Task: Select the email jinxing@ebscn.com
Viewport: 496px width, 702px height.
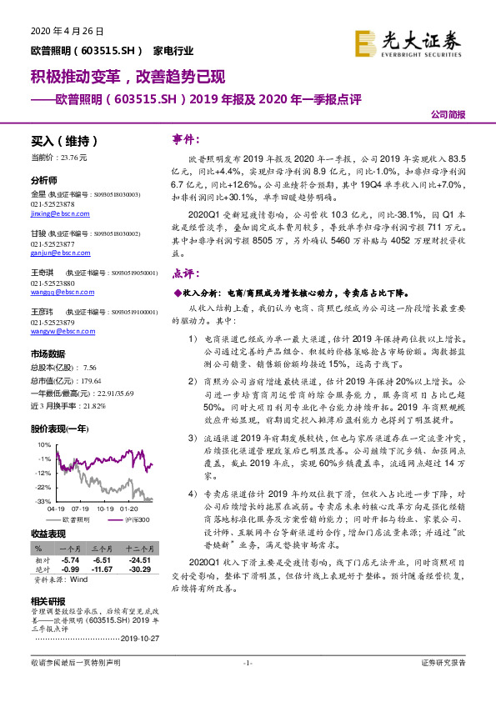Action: click(x=61, y=213)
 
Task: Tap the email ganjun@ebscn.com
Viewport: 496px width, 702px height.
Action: click(x=60, y=253)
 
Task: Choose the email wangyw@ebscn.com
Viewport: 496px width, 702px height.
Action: click(x=61, y=331)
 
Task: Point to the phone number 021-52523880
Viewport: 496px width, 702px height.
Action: click(x=59, y=283)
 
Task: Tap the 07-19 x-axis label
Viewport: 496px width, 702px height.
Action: click(x=81, y=508)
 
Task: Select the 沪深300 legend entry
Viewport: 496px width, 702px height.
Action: click(x=128, y=519)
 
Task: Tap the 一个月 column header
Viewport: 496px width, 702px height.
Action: click(x=69, y=549)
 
